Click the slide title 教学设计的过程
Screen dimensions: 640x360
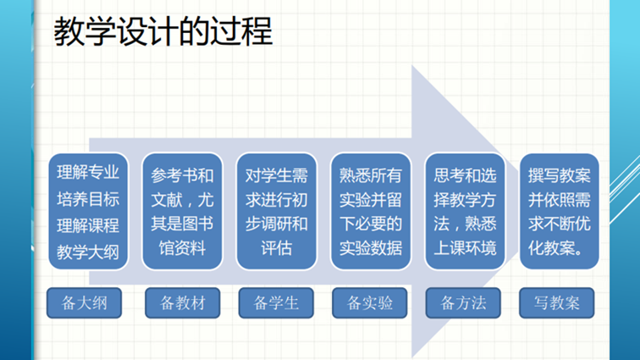(x=163, y=31)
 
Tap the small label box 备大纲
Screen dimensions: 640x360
(x=84, y=302)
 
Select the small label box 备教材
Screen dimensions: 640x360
(x=183, y=302)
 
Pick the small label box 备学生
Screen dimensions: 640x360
(x=276, y=302)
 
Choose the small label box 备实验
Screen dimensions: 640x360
(x=370, y=302)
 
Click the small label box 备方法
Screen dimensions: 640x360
(x=463, y=302)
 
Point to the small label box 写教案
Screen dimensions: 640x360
(x=557, y=302)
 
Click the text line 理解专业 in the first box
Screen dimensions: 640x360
(x=88, y=173)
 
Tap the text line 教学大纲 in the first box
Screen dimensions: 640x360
(x=88, y=252)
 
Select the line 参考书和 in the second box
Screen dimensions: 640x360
(x=183, y=175)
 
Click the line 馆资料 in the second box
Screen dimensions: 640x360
(x=183, y=248)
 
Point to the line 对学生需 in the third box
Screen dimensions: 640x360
(x=277, y=175)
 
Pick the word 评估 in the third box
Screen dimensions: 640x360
(x=277, y=248)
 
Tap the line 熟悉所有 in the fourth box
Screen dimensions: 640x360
(x=371, y=175)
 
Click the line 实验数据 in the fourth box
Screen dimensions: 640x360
(x=371, y=248)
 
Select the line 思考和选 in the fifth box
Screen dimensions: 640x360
(x=466, y=175)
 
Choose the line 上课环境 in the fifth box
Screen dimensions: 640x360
(x=466, y=248)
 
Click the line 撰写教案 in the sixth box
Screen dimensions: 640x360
(x=560, y=175)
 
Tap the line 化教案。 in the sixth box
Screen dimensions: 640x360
(x=556, y=248)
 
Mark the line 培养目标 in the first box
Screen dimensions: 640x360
(x=88, y=199)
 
